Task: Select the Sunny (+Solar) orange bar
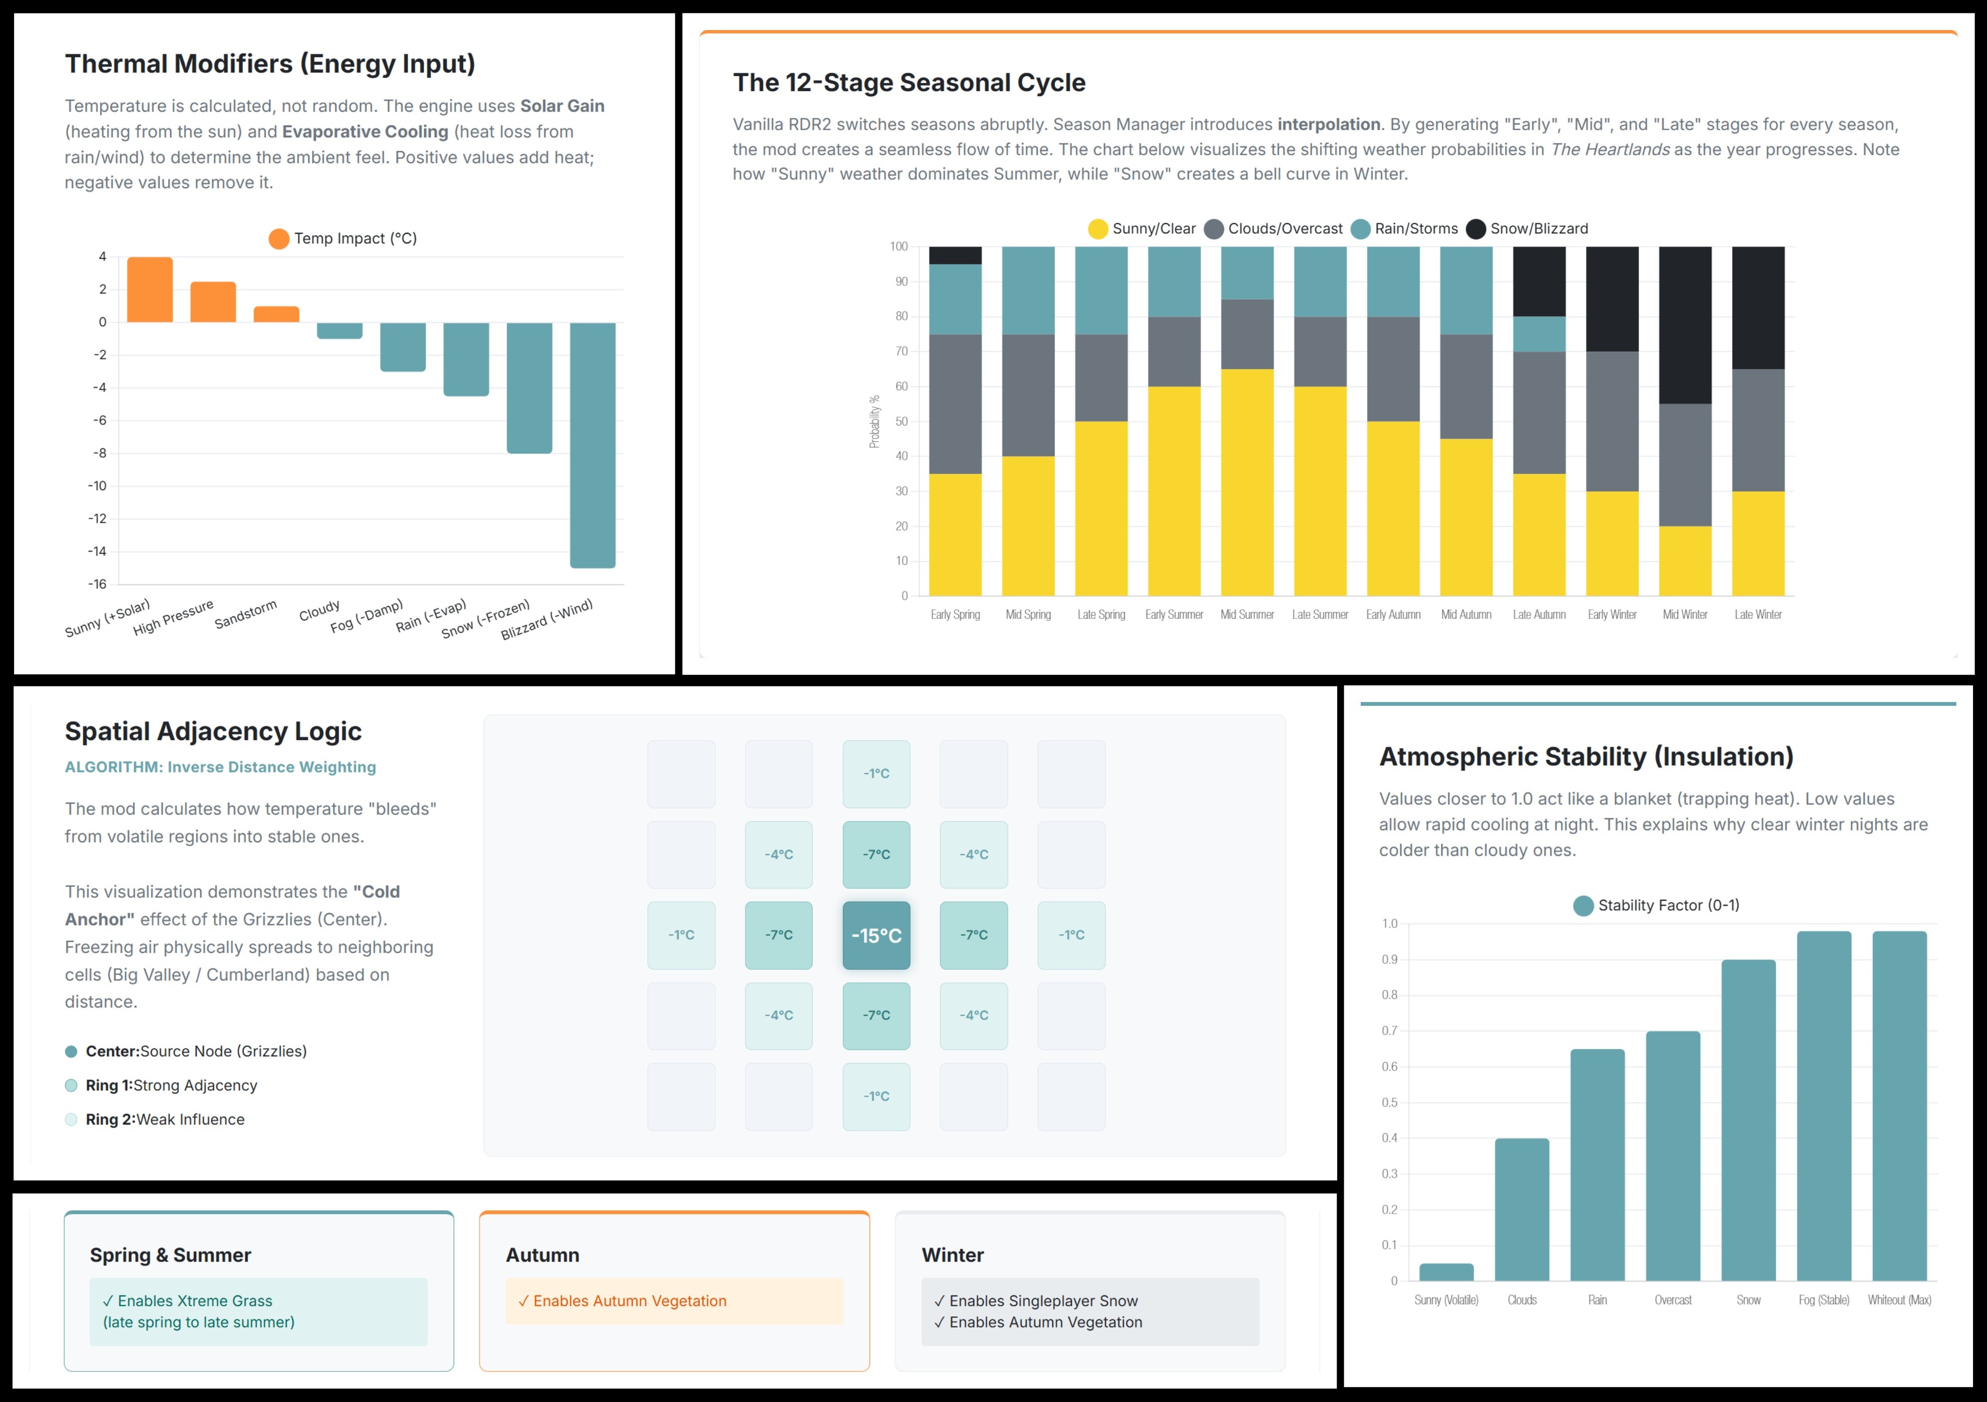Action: click(x=150, y=290)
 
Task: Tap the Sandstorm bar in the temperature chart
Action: click(x=276, y=314)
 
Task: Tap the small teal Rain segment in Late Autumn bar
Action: click(x=1539, y=334)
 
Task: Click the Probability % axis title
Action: click(x=874, y=422)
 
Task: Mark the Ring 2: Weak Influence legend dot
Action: click(x=71, y=1119)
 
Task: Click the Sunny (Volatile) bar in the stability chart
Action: click(x=1446, y=1272)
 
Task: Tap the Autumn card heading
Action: click(x=543, y=1255)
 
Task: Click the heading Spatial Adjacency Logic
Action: click(x=213, y=731)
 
